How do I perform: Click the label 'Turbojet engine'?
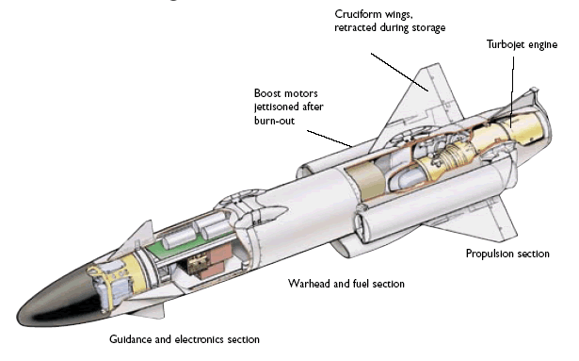pos(522,44)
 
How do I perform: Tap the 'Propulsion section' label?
pos(507,254)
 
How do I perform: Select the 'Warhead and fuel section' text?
pos(346,284)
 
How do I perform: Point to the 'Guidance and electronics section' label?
pos(185,339)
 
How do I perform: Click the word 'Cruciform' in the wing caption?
pos(357,14)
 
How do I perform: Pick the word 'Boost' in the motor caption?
pos(266,93)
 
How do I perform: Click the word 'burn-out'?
pos(274,121)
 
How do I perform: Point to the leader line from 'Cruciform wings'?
pos(399,72)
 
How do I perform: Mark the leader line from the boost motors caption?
pos(330,139)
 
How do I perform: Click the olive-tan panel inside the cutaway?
pos(365,181)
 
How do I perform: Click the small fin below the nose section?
pos(148,311)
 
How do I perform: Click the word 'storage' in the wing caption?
pos(428,28)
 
